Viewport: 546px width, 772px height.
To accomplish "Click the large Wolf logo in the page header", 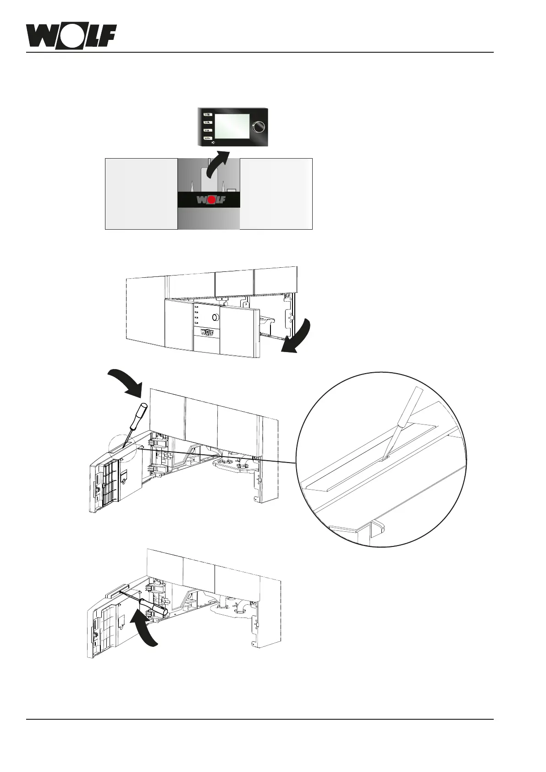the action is coord(71,36).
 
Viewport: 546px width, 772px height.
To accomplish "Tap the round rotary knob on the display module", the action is coord(259,127).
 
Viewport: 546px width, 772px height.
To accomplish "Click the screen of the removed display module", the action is coord(231,125).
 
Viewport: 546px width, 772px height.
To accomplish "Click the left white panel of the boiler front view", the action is coord(141,193).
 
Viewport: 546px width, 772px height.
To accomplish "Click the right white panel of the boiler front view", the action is coord(276,193).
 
